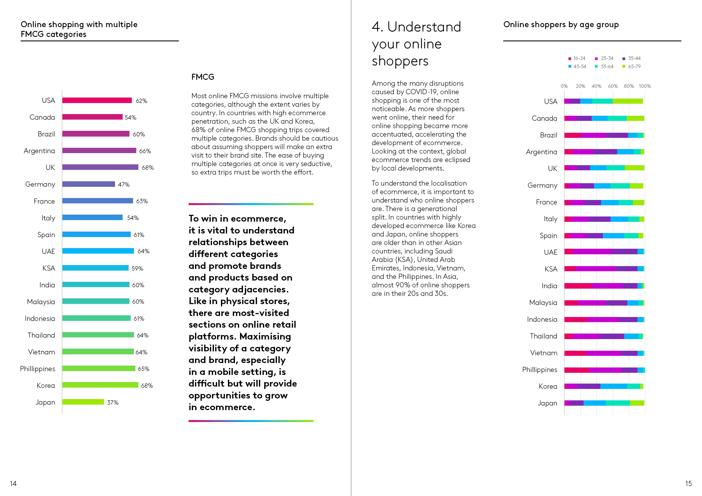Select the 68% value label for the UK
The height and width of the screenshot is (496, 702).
pyautogui.click(x=148, y=168)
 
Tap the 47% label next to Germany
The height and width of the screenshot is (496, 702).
pyautogui.click(x=124, y=184)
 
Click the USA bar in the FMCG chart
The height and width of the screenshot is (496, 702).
pyautogui.click(x=97, y=100)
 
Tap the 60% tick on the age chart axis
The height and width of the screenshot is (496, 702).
pyautogui.click(x=612, y=86)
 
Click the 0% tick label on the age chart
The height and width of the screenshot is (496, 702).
pyautogui.click(x=564, y=86)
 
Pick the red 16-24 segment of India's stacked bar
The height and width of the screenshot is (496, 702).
pyautogui.click(x=578, y=286)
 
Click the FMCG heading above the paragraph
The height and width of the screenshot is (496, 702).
pyautogui.click(x=203, y=77)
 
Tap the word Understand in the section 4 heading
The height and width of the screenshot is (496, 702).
pyautogui.click(x=424, y=27)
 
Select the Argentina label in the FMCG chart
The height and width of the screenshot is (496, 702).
pyautogui.click(x=39, y=151)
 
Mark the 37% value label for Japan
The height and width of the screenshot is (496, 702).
pyautogui.click(x=113, y=402)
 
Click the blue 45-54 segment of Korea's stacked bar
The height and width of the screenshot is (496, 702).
pyautogui.click(x=614, y=386)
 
